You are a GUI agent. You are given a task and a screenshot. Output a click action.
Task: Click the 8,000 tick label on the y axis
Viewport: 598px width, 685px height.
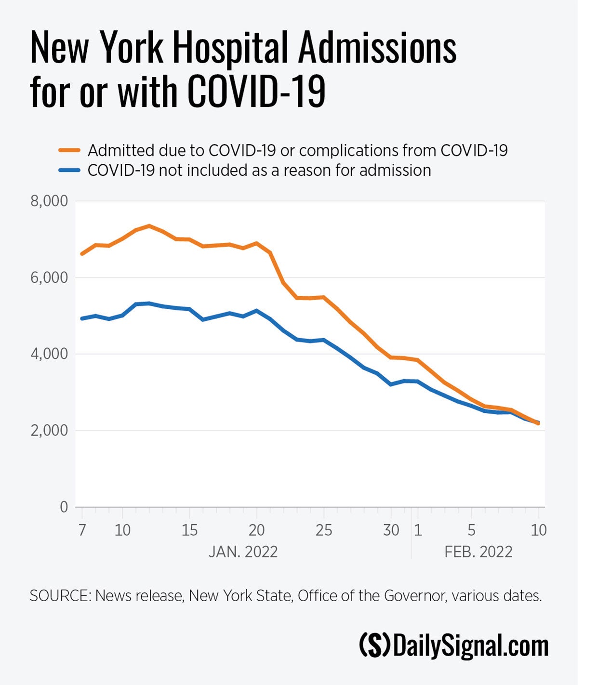[49, 201]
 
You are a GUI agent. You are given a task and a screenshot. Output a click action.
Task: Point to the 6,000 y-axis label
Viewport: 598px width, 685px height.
[49, 277]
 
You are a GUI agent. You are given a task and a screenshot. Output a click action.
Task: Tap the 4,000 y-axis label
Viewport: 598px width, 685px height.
[49, 354]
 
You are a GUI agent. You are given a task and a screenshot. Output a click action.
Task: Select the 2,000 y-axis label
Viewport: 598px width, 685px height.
[49, 431]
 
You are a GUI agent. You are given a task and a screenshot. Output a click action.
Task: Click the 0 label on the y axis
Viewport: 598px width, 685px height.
[64, 507]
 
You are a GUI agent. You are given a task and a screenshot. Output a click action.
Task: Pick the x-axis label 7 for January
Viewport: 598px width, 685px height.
[82, 530]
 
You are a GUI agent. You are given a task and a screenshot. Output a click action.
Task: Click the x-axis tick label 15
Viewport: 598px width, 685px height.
[189, 530]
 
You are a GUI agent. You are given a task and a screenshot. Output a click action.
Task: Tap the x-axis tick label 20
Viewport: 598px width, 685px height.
[256, 530]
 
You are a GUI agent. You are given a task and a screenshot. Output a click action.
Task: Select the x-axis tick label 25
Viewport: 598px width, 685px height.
[324, 530]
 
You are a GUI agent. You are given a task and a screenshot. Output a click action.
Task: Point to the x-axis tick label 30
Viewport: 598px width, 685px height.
[391, 530]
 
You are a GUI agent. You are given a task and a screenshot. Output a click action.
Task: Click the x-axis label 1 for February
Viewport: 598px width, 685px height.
[418, 530]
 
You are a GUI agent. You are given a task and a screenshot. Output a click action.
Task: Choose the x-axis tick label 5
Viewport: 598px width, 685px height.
[471, 530]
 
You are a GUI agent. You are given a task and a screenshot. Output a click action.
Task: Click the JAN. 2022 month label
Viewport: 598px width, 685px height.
[243, 552]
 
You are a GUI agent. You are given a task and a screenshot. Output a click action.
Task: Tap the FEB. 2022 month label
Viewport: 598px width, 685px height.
[478, 552]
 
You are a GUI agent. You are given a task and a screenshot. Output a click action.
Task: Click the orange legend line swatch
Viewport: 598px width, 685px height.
[69, 150]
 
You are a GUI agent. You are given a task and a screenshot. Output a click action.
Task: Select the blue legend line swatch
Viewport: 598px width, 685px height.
[69, 170]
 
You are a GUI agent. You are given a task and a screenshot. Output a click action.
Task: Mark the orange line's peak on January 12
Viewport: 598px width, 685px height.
[149, 225]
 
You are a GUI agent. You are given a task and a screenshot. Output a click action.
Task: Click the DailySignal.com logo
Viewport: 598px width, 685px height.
[453, 646]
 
